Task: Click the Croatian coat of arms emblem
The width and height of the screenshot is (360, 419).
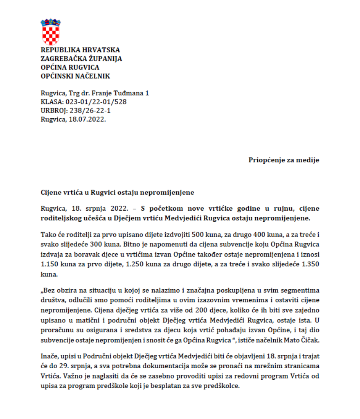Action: point(51,32)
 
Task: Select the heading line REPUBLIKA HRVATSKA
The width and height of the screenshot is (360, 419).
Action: point(80,50)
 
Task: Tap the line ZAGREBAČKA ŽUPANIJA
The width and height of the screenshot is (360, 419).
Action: point(81,59)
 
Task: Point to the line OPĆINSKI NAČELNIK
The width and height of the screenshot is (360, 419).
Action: point(75,76)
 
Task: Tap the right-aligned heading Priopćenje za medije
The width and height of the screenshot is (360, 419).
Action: point(283,160)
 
